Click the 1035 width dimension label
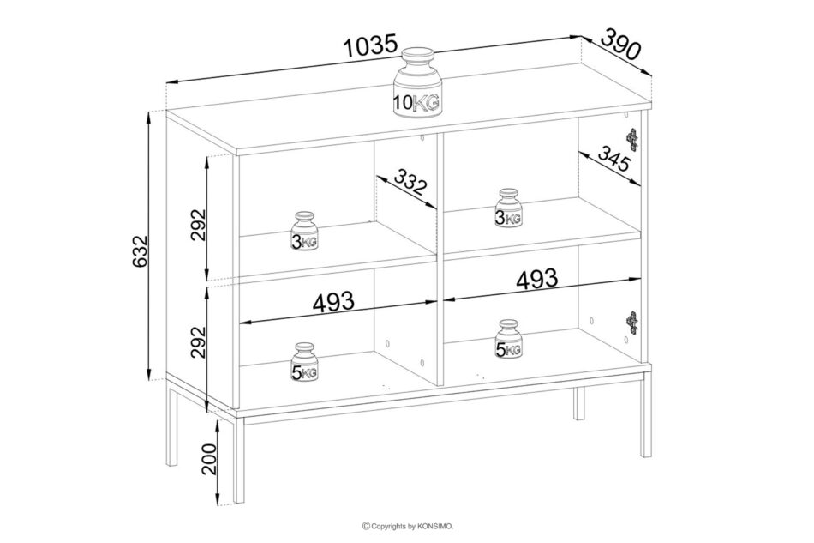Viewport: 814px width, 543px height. tap(371, 47)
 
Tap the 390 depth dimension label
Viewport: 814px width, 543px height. tap(621, 44)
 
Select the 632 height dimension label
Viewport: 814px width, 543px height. tap(141, 252)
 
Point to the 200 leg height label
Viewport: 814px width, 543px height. tap(209, 459)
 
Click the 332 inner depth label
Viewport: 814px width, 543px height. tap(410, 182)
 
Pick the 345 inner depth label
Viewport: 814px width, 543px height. tap(613, 159)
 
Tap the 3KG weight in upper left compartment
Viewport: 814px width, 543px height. tap(304, 232)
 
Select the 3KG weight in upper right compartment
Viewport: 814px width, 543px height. tap(508, 208)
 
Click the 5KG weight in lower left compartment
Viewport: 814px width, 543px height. tap(304, 362)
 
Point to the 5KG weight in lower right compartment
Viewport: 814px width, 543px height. tap(508, 340)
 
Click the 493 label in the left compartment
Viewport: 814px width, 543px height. tap(333, 301)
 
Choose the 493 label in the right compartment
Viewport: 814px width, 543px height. tap(536, 279)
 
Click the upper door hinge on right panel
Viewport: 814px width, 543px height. tap(631, 139)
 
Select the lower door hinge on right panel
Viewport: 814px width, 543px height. tap(631, 323)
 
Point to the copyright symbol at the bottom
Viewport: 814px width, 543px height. tap(366, 527)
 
